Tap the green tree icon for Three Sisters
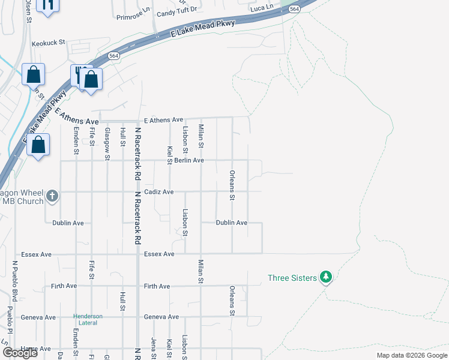click(x=326, y=277)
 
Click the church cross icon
click(x=52, y=196)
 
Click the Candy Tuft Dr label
click(x=177, y=13)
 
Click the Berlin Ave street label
click(x=189, y=161)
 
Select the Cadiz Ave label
click(x=159, y=192)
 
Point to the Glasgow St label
click(x=107, y=144)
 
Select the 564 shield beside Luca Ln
click(x=294, y=8)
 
